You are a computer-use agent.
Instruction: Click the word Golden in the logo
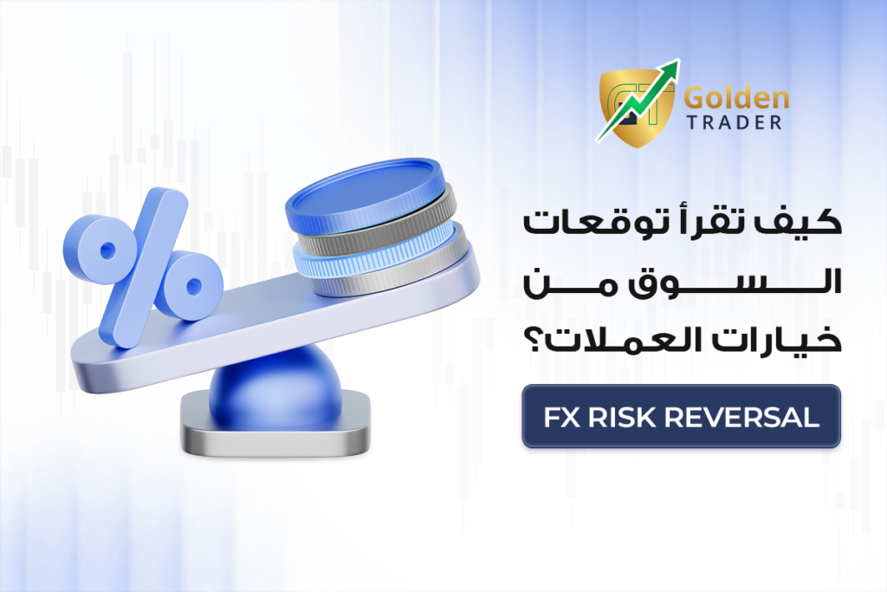(x=736, y=99)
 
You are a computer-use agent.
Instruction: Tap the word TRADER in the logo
(x=734, y=122)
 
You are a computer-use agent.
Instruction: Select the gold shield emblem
(x=637, y=108)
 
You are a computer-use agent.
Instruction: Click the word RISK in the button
(x=623, y=417)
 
